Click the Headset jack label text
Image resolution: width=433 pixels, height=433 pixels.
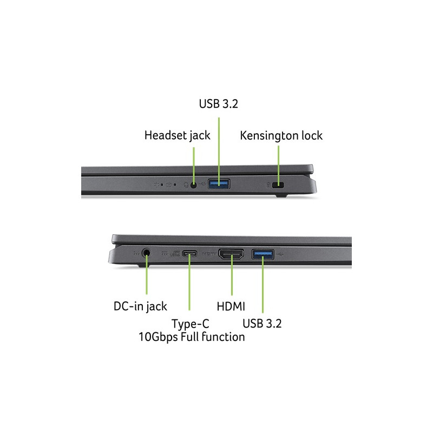[x=177, y=135]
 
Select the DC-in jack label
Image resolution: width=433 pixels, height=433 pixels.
[x=140, y=306]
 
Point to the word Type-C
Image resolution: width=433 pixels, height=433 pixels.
[x=191, y=324]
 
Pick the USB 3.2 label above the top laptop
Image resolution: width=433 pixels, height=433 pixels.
[x=219, y=104]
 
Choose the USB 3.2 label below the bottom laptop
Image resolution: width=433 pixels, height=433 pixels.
[x=263, y=324]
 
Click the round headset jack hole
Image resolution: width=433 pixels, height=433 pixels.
[x=194, y=185]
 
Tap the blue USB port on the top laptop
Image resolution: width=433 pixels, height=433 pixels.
[x=219, y=185]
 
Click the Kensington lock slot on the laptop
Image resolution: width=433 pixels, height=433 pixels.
[x=279, y=186]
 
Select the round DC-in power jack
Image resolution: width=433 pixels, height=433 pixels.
[x=146, y=252]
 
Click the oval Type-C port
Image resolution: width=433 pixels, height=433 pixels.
[x=190, y=253]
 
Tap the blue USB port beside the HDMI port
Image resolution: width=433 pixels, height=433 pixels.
[x=263, y=252]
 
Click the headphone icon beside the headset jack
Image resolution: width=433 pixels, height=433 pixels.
[x=186, y=185]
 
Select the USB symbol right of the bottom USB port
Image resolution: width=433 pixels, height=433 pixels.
[x=285, y=252]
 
